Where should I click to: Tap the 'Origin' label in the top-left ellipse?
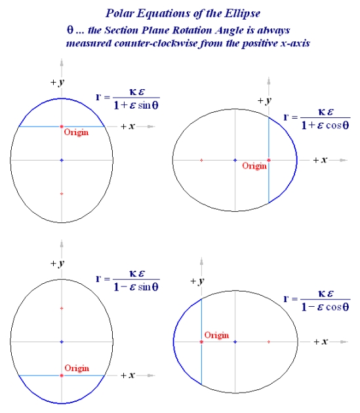pos(76,132)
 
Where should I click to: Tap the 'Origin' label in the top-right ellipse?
pos(254,166)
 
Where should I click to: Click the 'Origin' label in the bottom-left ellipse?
pos(77,368)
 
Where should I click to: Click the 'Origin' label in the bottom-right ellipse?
pos(216,335)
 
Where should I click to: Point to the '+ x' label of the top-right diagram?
pos(319,160)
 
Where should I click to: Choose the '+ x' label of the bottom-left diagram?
pos(128,375)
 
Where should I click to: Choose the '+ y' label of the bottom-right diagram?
pos(195,281)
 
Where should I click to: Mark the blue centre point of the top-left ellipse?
pos(61,160)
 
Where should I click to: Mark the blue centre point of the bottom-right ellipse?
pos(235,342)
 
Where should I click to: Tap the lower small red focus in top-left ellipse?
pos(61,193)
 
